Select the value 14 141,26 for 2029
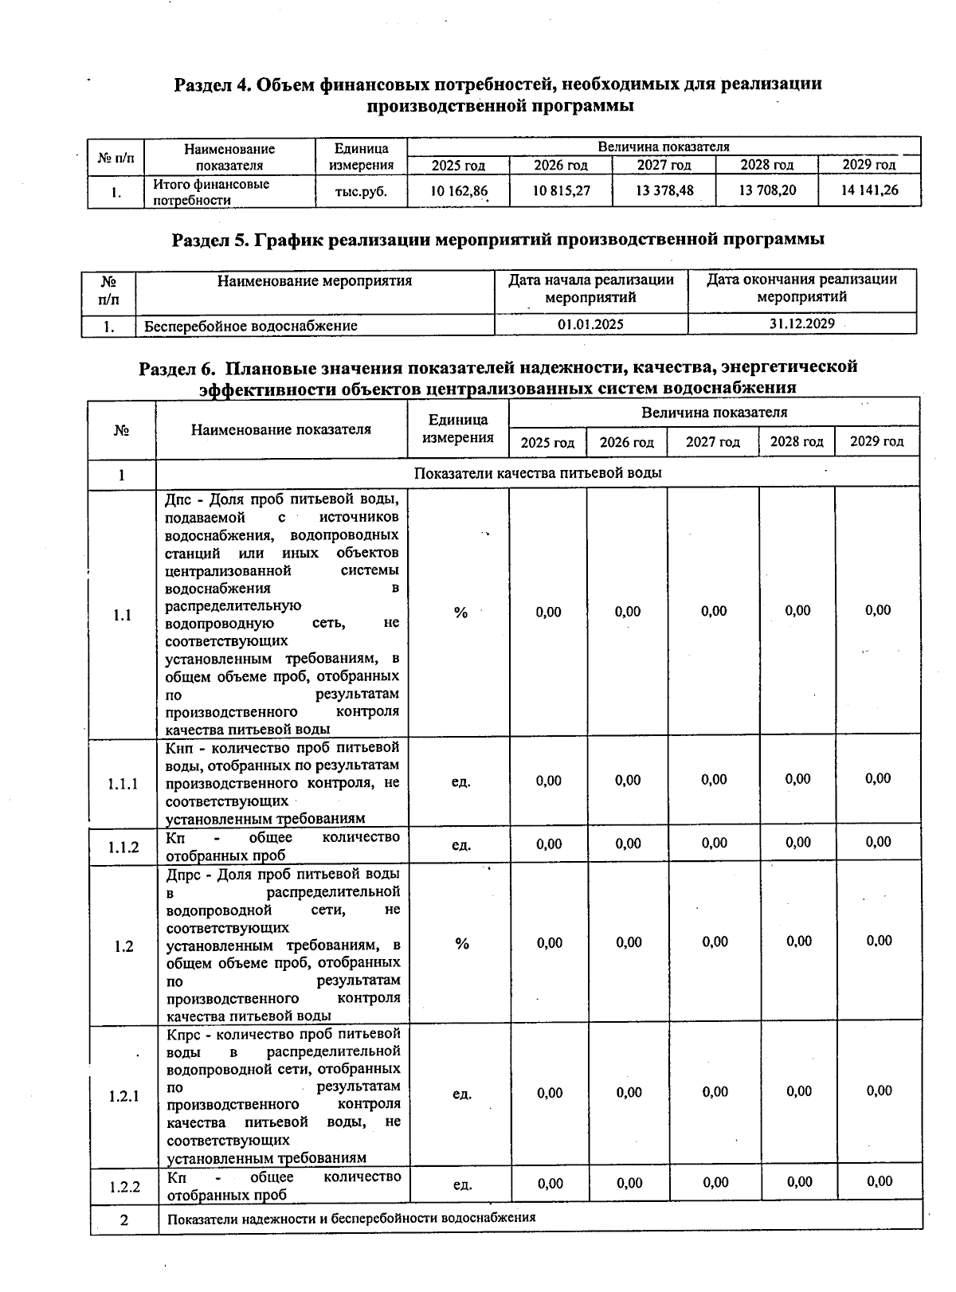click(x=869, y=190)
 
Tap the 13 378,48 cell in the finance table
click(x=664, y=190)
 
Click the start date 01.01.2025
click(x=590, y=325)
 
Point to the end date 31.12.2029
click(x=801, y=323)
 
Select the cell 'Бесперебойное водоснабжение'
click(x=250, y=326)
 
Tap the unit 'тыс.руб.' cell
click(x=362, y=191)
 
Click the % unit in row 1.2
click(x=462, y=944)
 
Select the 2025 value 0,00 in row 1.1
click(x=548, y=612)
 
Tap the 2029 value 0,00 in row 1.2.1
click(x=879, y=1091)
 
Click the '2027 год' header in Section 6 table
click(x=713, y=442)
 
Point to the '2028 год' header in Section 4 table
click(x=766, y=166)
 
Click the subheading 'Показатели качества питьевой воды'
click(x=538, y=473)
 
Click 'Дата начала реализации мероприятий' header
click(x=590, y=288)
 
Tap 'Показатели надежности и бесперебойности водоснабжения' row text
click(x=351, y=1218)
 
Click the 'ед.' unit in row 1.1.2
click(x=460, y=845)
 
